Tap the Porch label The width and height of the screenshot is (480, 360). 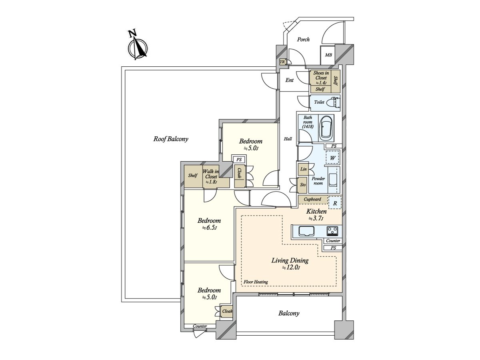pyautogui.click(x=303, y=40)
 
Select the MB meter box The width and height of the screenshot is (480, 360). pyautogui.click(x=328, y=55)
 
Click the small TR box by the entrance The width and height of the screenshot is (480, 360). pyautogui.click(x=282, y=62)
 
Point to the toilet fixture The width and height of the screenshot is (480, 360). pyautogui.click(x=333, y=102)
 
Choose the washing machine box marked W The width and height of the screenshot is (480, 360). pyautogui.click(x=332, y=158)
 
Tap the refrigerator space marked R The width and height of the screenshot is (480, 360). pyautogui.click(x=335, y=203)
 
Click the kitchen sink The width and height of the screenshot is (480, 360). pyautogui.click(x=306, y=231)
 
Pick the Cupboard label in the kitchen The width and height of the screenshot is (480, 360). pyautogui.click(x=312, y=199)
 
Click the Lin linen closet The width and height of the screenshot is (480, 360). pyautogui.click(x=303, y=169)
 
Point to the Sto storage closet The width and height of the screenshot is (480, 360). pyautogui.click(x=303, y=185)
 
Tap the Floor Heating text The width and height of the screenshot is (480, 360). pyautogui.click(x=256, y=282)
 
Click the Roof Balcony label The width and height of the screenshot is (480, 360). pyautogui.click(x=170, y=139)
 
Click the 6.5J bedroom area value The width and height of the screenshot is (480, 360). pyautogui.click(x=209, y=228)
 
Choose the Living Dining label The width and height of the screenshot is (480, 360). pyautogui.click(x=290, y=260)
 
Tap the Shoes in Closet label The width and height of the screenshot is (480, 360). pyautogui.click(x=321, y=75)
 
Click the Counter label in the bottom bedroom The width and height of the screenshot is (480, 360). pyautogui.click(x=200, y=326)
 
